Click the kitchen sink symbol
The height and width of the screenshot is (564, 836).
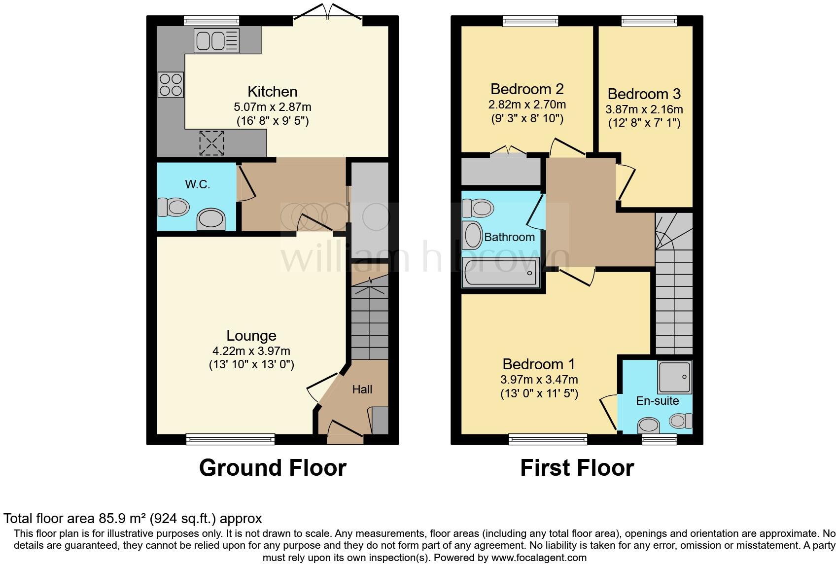tap(216, 40)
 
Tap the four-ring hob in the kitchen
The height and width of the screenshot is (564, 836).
tap(171, 85)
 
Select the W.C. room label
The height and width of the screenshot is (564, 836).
tap(198, 184)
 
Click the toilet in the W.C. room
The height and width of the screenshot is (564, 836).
tap(174, 207)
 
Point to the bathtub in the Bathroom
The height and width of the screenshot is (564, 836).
tap(501, 272)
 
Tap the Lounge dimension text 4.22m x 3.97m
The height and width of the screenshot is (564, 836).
tap(251, 351)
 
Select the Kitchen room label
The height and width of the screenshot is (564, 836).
tap(272, 92)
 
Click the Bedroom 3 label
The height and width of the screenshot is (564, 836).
tap(644, 94)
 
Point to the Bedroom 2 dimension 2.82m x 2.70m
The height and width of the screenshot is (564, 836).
tap(527, 105)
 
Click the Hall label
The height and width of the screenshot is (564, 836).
tap(362, 389)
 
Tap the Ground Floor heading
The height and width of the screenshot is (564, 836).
tap(273, 467)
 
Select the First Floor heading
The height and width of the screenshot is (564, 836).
tap(577, 467)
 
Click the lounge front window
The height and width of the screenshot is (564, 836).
tap(230, 438)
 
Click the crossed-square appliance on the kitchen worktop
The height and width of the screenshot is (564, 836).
tap(211, 143)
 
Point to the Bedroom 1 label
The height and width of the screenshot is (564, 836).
tap(538, 364)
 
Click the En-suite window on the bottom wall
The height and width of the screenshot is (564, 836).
tap(659, 438)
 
